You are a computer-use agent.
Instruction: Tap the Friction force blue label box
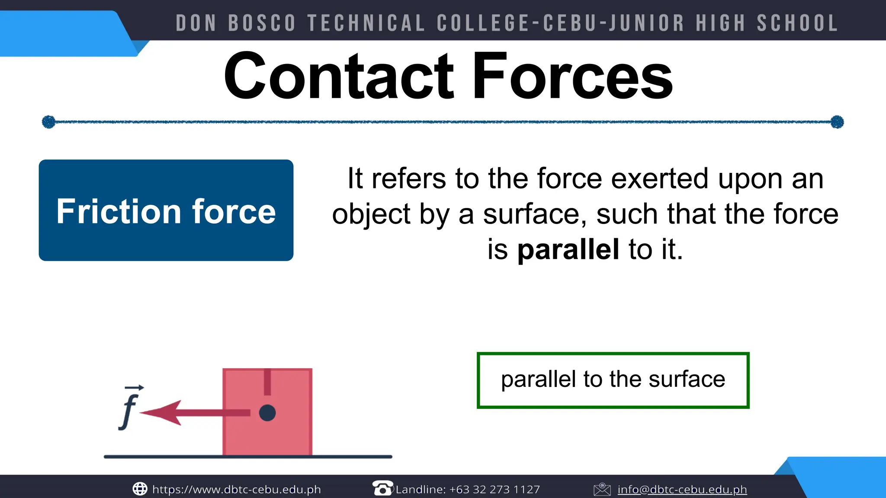pos(166,210)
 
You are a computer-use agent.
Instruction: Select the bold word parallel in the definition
pos(568,249)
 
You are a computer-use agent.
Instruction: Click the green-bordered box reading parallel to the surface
pos(613,380)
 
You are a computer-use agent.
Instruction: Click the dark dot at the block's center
pos(267,413)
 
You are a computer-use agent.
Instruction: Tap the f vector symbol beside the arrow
pos(129,409)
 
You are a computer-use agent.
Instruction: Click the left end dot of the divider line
pos(48,122)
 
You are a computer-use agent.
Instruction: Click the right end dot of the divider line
pos(837,122)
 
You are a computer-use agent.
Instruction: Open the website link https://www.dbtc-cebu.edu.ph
pos(237,489)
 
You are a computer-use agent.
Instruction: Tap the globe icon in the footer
pos(140,489)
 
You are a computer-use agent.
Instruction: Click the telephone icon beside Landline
pos(382,488)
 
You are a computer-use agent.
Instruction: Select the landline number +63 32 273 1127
pos(494,489)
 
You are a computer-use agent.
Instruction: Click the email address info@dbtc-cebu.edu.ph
pos(682,489)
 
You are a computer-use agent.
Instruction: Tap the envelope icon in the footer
pos(602,489)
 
